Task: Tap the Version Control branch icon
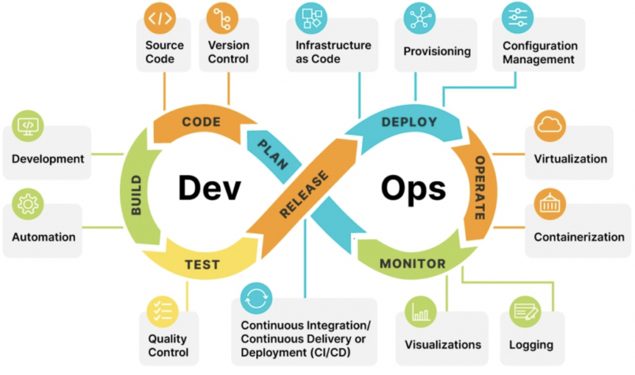tap(222, 18)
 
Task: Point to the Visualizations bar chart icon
tap(420, 312)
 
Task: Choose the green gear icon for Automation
tap(28, 205)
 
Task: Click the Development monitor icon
tap(28, 126)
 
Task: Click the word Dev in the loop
tap(209, 187)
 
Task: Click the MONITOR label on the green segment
tap(412, 264)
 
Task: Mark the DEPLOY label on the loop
tap(409, 122)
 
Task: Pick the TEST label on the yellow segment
tap(202, 265)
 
